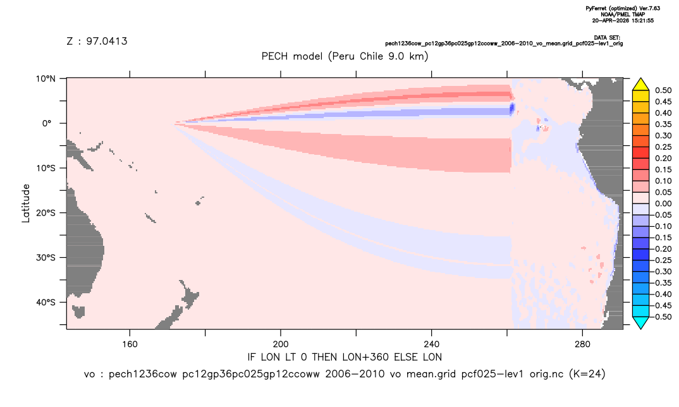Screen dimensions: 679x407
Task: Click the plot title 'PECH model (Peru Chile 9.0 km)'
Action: tap(345, 56)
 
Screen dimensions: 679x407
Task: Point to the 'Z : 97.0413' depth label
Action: tap(97, 41)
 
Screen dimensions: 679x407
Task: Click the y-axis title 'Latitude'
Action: tap(26, 203)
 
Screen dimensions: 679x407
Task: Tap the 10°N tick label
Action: tap(46, 78)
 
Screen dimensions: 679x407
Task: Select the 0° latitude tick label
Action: tap(47, 123)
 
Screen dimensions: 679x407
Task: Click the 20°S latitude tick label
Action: tap(46, 212)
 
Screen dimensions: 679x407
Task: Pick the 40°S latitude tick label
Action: tap(46, 302)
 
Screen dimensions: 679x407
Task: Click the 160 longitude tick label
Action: tap(130, 344)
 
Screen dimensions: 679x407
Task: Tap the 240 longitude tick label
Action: tap(432, 344)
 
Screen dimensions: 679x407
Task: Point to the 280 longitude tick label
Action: tap(582, 344)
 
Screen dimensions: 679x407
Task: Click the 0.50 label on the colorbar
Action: tap(663, 90)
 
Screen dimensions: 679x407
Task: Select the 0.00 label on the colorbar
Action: tap(663, 203)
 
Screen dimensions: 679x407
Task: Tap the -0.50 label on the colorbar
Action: tap(662, 317)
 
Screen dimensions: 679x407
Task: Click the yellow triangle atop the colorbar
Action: tap(641, 85)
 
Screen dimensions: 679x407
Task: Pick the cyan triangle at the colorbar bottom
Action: tap(641, 322)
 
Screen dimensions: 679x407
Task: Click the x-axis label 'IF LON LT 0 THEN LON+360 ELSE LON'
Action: tap(345, 357)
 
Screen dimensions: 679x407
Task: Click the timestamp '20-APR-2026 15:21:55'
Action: tap(623, 20)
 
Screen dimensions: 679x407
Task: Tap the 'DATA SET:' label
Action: tap(607, 38)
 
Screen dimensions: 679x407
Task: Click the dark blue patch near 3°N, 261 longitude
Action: tap(512, 108)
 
